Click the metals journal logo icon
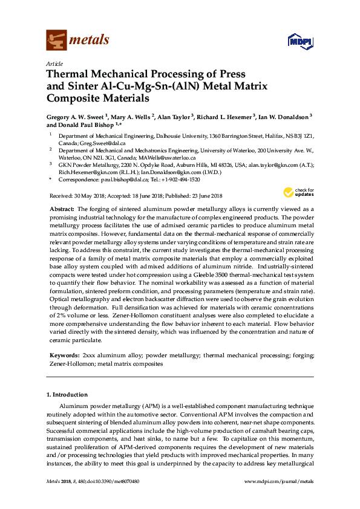[56, 41]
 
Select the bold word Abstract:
[62, 208]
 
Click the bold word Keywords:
[64, 357]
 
